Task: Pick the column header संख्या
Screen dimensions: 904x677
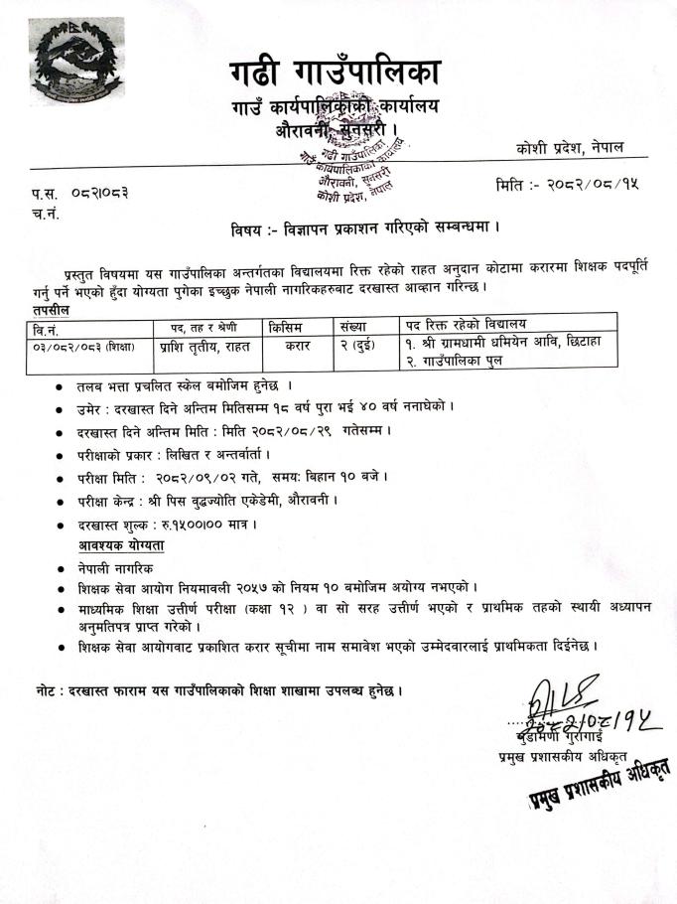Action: (x=349, y=326)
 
